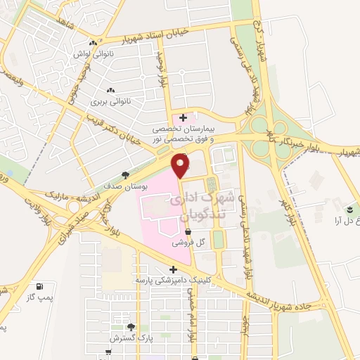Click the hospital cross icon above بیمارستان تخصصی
[184, 117]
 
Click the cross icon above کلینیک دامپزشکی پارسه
[173, 269]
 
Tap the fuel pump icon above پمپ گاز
[39, 287]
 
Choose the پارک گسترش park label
[129, 338]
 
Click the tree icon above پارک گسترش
[130, 327]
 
